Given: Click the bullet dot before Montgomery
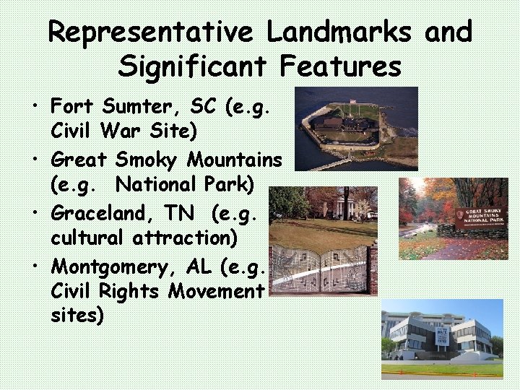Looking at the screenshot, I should pos(35,266).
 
